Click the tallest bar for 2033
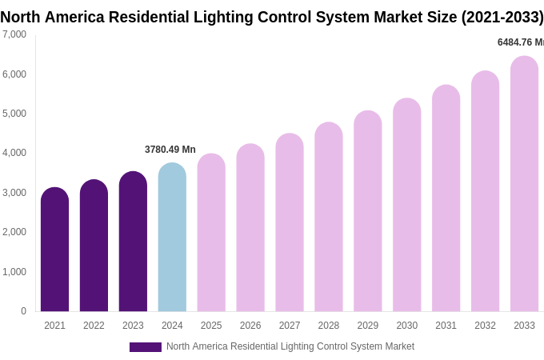pyautogui.click(x=524, y=184)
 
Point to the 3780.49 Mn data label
pyautogui.click(x=170, y=150)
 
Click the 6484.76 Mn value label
pyautogui.click(x=520, y=42)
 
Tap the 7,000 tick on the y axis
pyautogui.click(x=14, y=34)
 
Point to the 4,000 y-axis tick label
pyautogui.click(x=14, y=153)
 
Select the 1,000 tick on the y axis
pyautogui.click(x=14, y=272)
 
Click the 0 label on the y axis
pyautogui.click(x=23, y=311)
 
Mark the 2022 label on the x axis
pyautogui.click(x=94, y=326)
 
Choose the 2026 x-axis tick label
pyautogui.click(x=250, y=326)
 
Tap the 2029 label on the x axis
pyautogui.click(x=368, y=326)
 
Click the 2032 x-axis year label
pyautogui.click(x=485, y=326)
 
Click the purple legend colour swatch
pyautogui.click(x=146, y=347)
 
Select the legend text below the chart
pyautogui.click(x=290, y=346)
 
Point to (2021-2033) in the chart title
pyautogui.click(x=502, y=17)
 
